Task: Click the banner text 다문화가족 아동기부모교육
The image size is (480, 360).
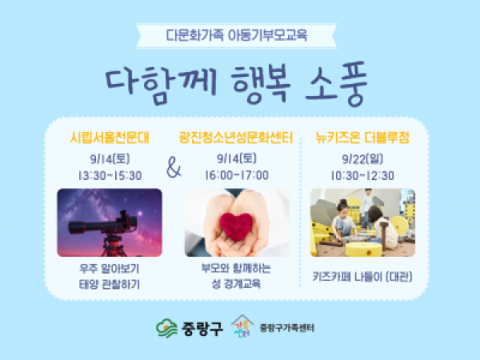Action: pyautogui.click(x=236, y=35)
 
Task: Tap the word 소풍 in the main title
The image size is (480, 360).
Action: pyautogui.click(x=336, y=83)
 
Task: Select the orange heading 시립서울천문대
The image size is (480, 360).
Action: pyautogui.click(x=110, y=138)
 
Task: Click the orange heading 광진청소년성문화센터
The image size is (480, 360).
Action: pyautogui.click(x=236, y=138)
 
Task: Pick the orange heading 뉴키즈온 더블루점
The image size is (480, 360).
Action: pyautogui.click(x=362, y=138)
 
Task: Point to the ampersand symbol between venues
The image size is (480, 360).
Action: pyautogui.click(x=174, y=167)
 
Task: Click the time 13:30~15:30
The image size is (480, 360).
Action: pyautogui.click(x=110, y=175)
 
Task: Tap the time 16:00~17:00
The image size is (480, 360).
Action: pyautogui.click(x=237, y=175)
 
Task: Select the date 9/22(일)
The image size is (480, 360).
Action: pyautogui.click(x=362, y=159)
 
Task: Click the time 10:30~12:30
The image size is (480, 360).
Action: pyautogui.click(x=362, y=175)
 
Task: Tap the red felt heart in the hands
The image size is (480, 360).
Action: pyautogui.click(x=236, y=226)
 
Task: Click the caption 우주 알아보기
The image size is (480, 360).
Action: pyautogui.click(x=110, y=269)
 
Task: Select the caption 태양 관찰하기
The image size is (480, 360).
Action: pyautogui.click(x=110, y=284)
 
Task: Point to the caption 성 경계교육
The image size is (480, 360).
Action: pyautogui.click(x=236, y=284)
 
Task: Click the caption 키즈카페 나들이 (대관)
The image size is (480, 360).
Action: pyautogui.click(x=362, y=277)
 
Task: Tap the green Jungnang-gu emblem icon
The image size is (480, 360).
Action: pyautogui.click(x=166, y=328)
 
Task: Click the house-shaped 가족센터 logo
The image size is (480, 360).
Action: pyautogui.click(x=242, y=326)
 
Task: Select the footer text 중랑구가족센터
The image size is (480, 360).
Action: pyautogui.click(x=287, y=328)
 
